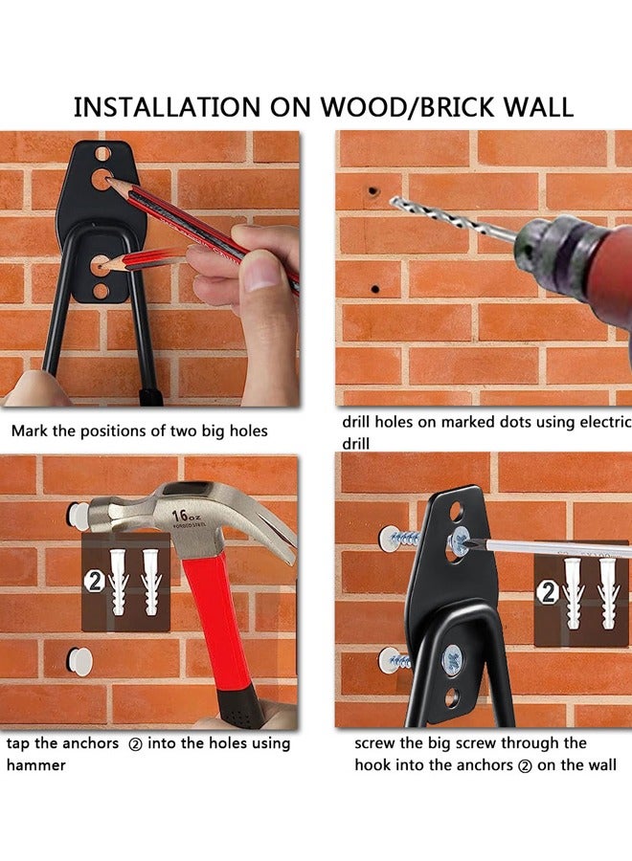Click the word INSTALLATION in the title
(x=167, y=107)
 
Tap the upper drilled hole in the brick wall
(x=373, y=191)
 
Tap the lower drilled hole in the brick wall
(x=375, y=289)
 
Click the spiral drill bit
(x=453, y=219)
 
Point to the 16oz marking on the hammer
(x=186, y=517)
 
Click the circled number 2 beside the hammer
(x=95, y=582)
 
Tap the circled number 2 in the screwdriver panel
(x=549, y=593)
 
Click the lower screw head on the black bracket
(x=452, y=658)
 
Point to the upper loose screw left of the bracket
(x=399, y=538)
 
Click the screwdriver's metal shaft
(x=550, y=547)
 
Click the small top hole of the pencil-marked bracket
(x=102, y=154)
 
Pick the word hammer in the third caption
(x=35, y=765)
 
